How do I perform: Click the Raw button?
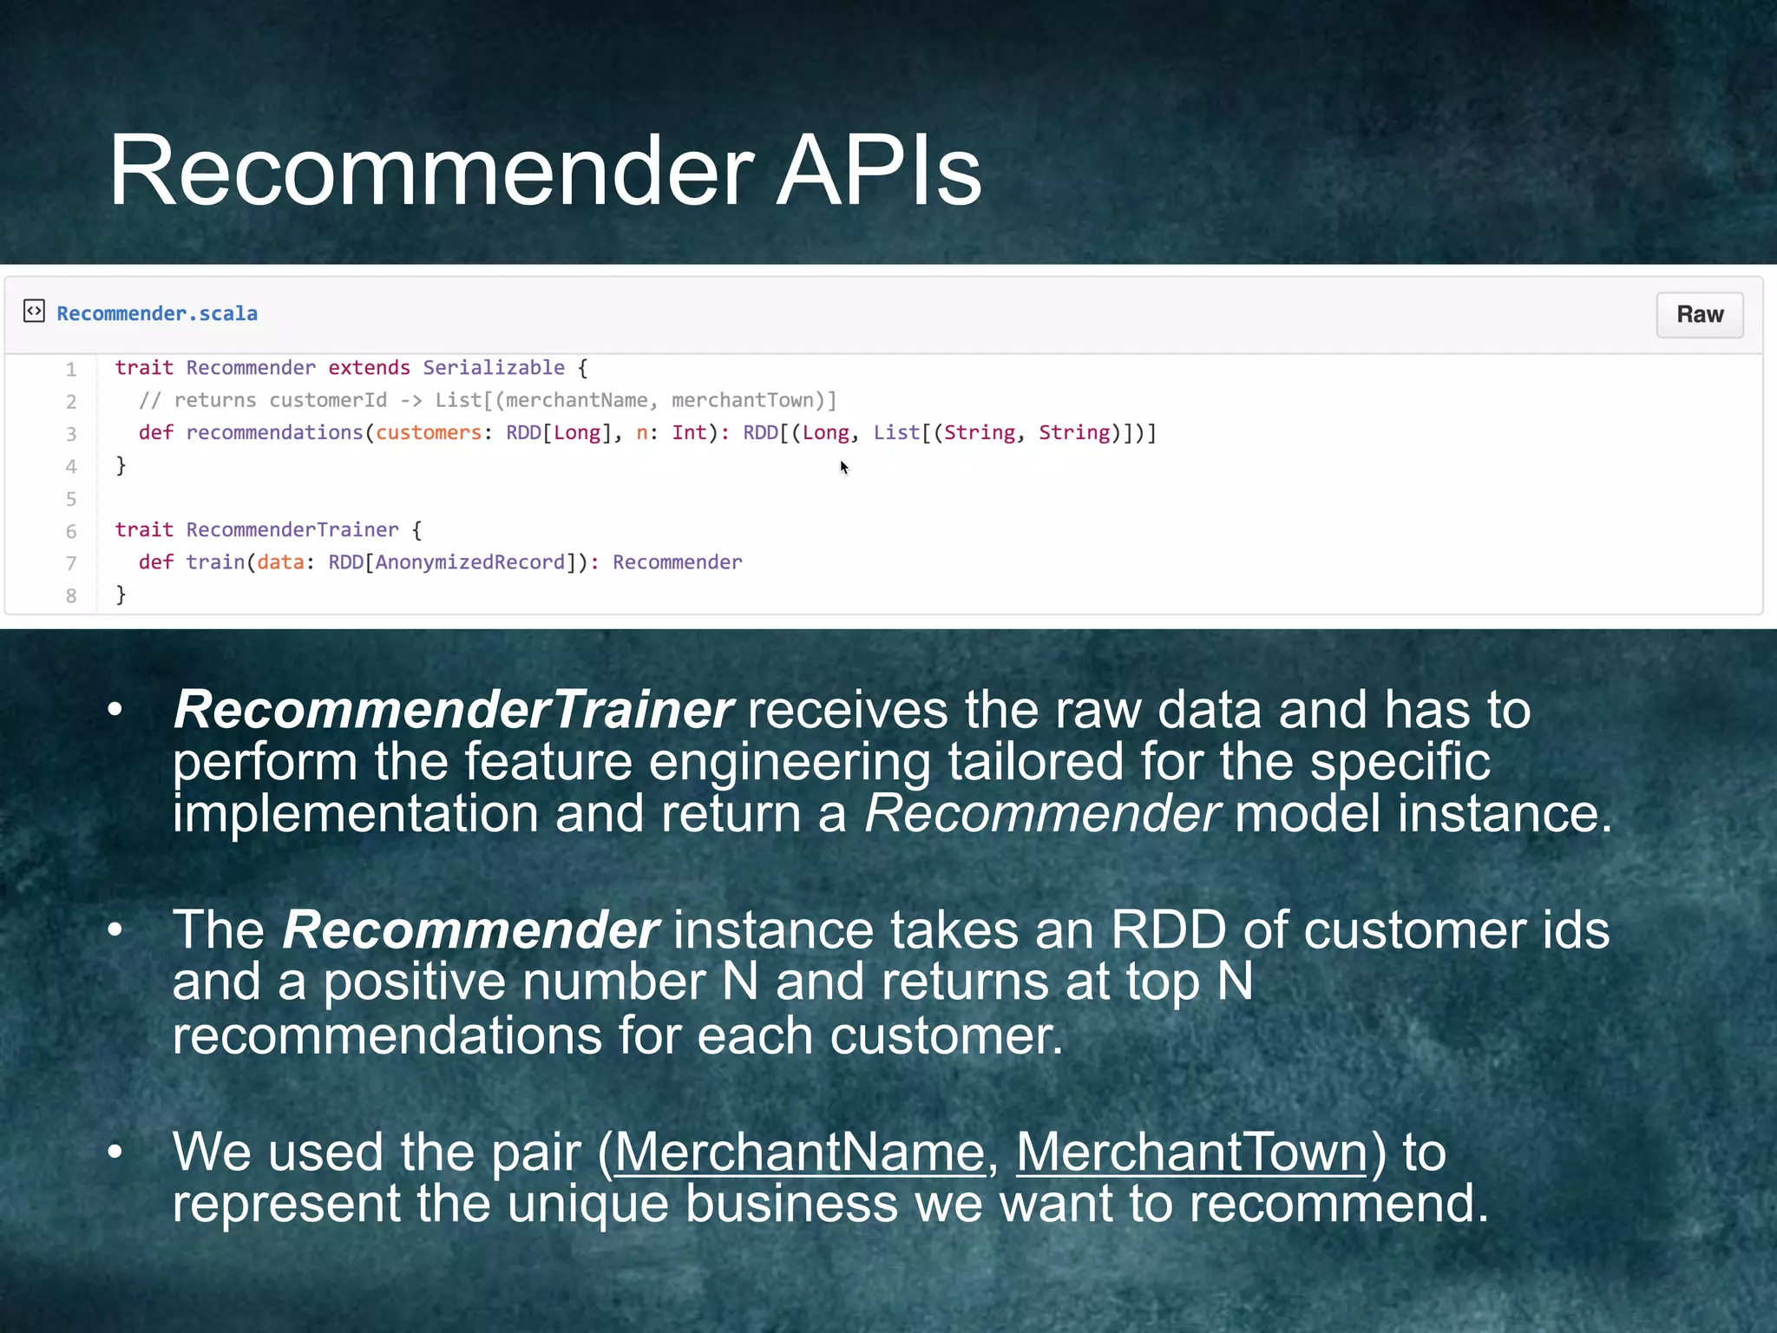pyautogui.click(x=1699, y=314)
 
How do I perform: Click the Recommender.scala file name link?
pyautogui.click(x=157, y=313)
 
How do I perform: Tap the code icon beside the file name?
pyautogui.click(x=34, y=311)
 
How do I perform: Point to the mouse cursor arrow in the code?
pyautogui.click(x=843, y=467)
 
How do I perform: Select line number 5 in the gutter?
pyautogui.click(x=71, y=499)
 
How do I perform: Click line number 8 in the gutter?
pyautogui.click(x=71, y=595)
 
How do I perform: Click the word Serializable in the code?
pyautogui.click(x=493, y=368)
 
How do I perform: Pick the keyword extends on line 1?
pyautogui.click(x=369, y=368)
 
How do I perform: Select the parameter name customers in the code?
pyautogui.click(x=428, y=432)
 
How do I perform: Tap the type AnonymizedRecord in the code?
pyautogui.click(x=469, y=562)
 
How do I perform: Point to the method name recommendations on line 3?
pyautogui.click(x=274, y=432)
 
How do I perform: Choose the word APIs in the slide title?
pyautogui.click(x=878, y=171)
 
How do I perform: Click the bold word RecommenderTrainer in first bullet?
pyautogui.click(x=453, y=710)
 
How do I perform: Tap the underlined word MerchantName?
pyautogui.click(x=799, y=1152)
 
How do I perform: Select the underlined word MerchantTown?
pyautogui.click(x=1191, y=1152)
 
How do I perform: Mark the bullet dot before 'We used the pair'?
pyautogui.click(x=115, y=1152)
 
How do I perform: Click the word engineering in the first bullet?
pyautogui.click(x=790, y=762)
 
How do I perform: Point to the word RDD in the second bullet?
pyautogui.click(x=1168, y=930)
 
